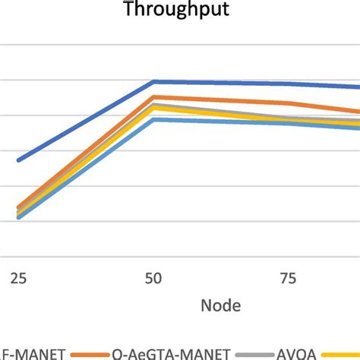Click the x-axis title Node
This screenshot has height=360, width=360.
click(221, 306)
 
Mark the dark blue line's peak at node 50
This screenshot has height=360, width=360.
click(154, 81)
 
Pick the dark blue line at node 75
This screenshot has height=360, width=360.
click(289, 84)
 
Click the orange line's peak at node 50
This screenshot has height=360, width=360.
click(154, 97)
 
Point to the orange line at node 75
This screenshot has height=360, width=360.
click(289, 103)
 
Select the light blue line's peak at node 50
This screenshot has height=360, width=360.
click(154, 119)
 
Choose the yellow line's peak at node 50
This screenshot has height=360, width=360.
click(154, 109)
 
